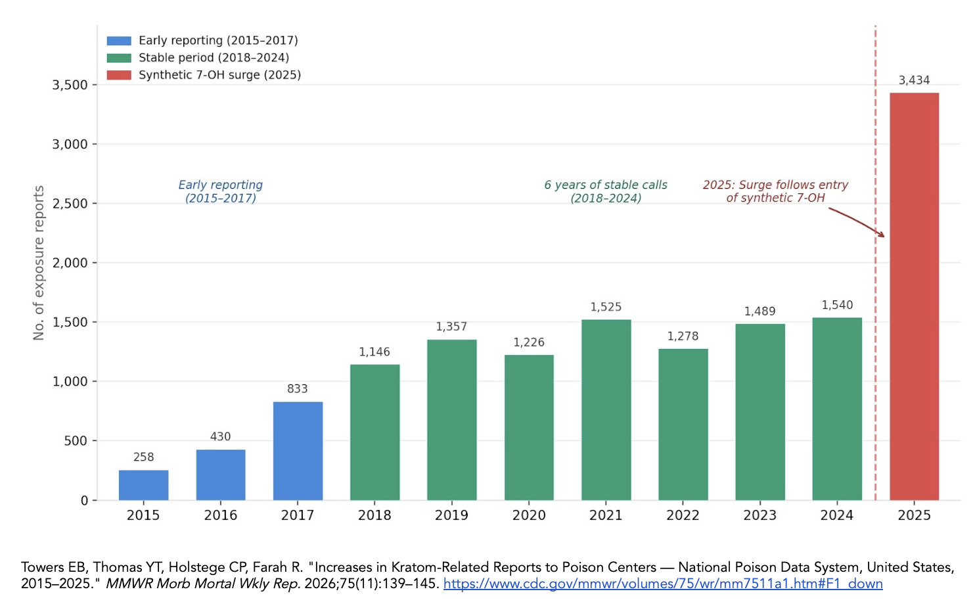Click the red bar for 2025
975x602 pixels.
tap(914, 296)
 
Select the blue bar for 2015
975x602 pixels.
tap(143, 485)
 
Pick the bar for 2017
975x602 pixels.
tap(298, 451)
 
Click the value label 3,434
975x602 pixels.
tap(914, 80)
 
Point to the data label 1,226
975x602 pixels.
tap(529, 342)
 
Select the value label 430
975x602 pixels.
tap(220, 436)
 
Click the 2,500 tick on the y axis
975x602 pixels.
tap(70, 204)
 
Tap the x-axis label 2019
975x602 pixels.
tap(451, 515)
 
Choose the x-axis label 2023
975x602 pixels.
tap(760, 515)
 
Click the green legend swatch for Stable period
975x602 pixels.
tap(119, 58)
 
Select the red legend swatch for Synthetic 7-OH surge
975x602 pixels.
tap(119, 75)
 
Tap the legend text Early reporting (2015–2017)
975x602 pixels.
tap(218, 41)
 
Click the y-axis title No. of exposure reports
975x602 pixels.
tap(39, 263)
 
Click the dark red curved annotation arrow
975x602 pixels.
tap(857, 221)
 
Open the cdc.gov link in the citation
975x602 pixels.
tap(662, 584)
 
